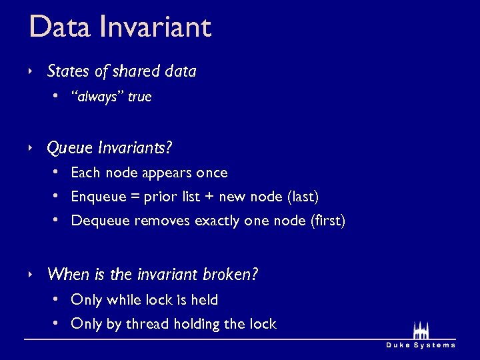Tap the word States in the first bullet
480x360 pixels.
(x=68, y=71)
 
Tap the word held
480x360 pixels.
(x=205, y=300)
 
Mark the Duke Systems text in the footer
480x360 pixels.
(x=421, y=345)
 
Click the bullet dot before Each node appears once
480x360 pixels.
(x=57, y=172)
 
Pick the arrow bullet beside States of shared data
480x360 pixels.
(x=31, y=71)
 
